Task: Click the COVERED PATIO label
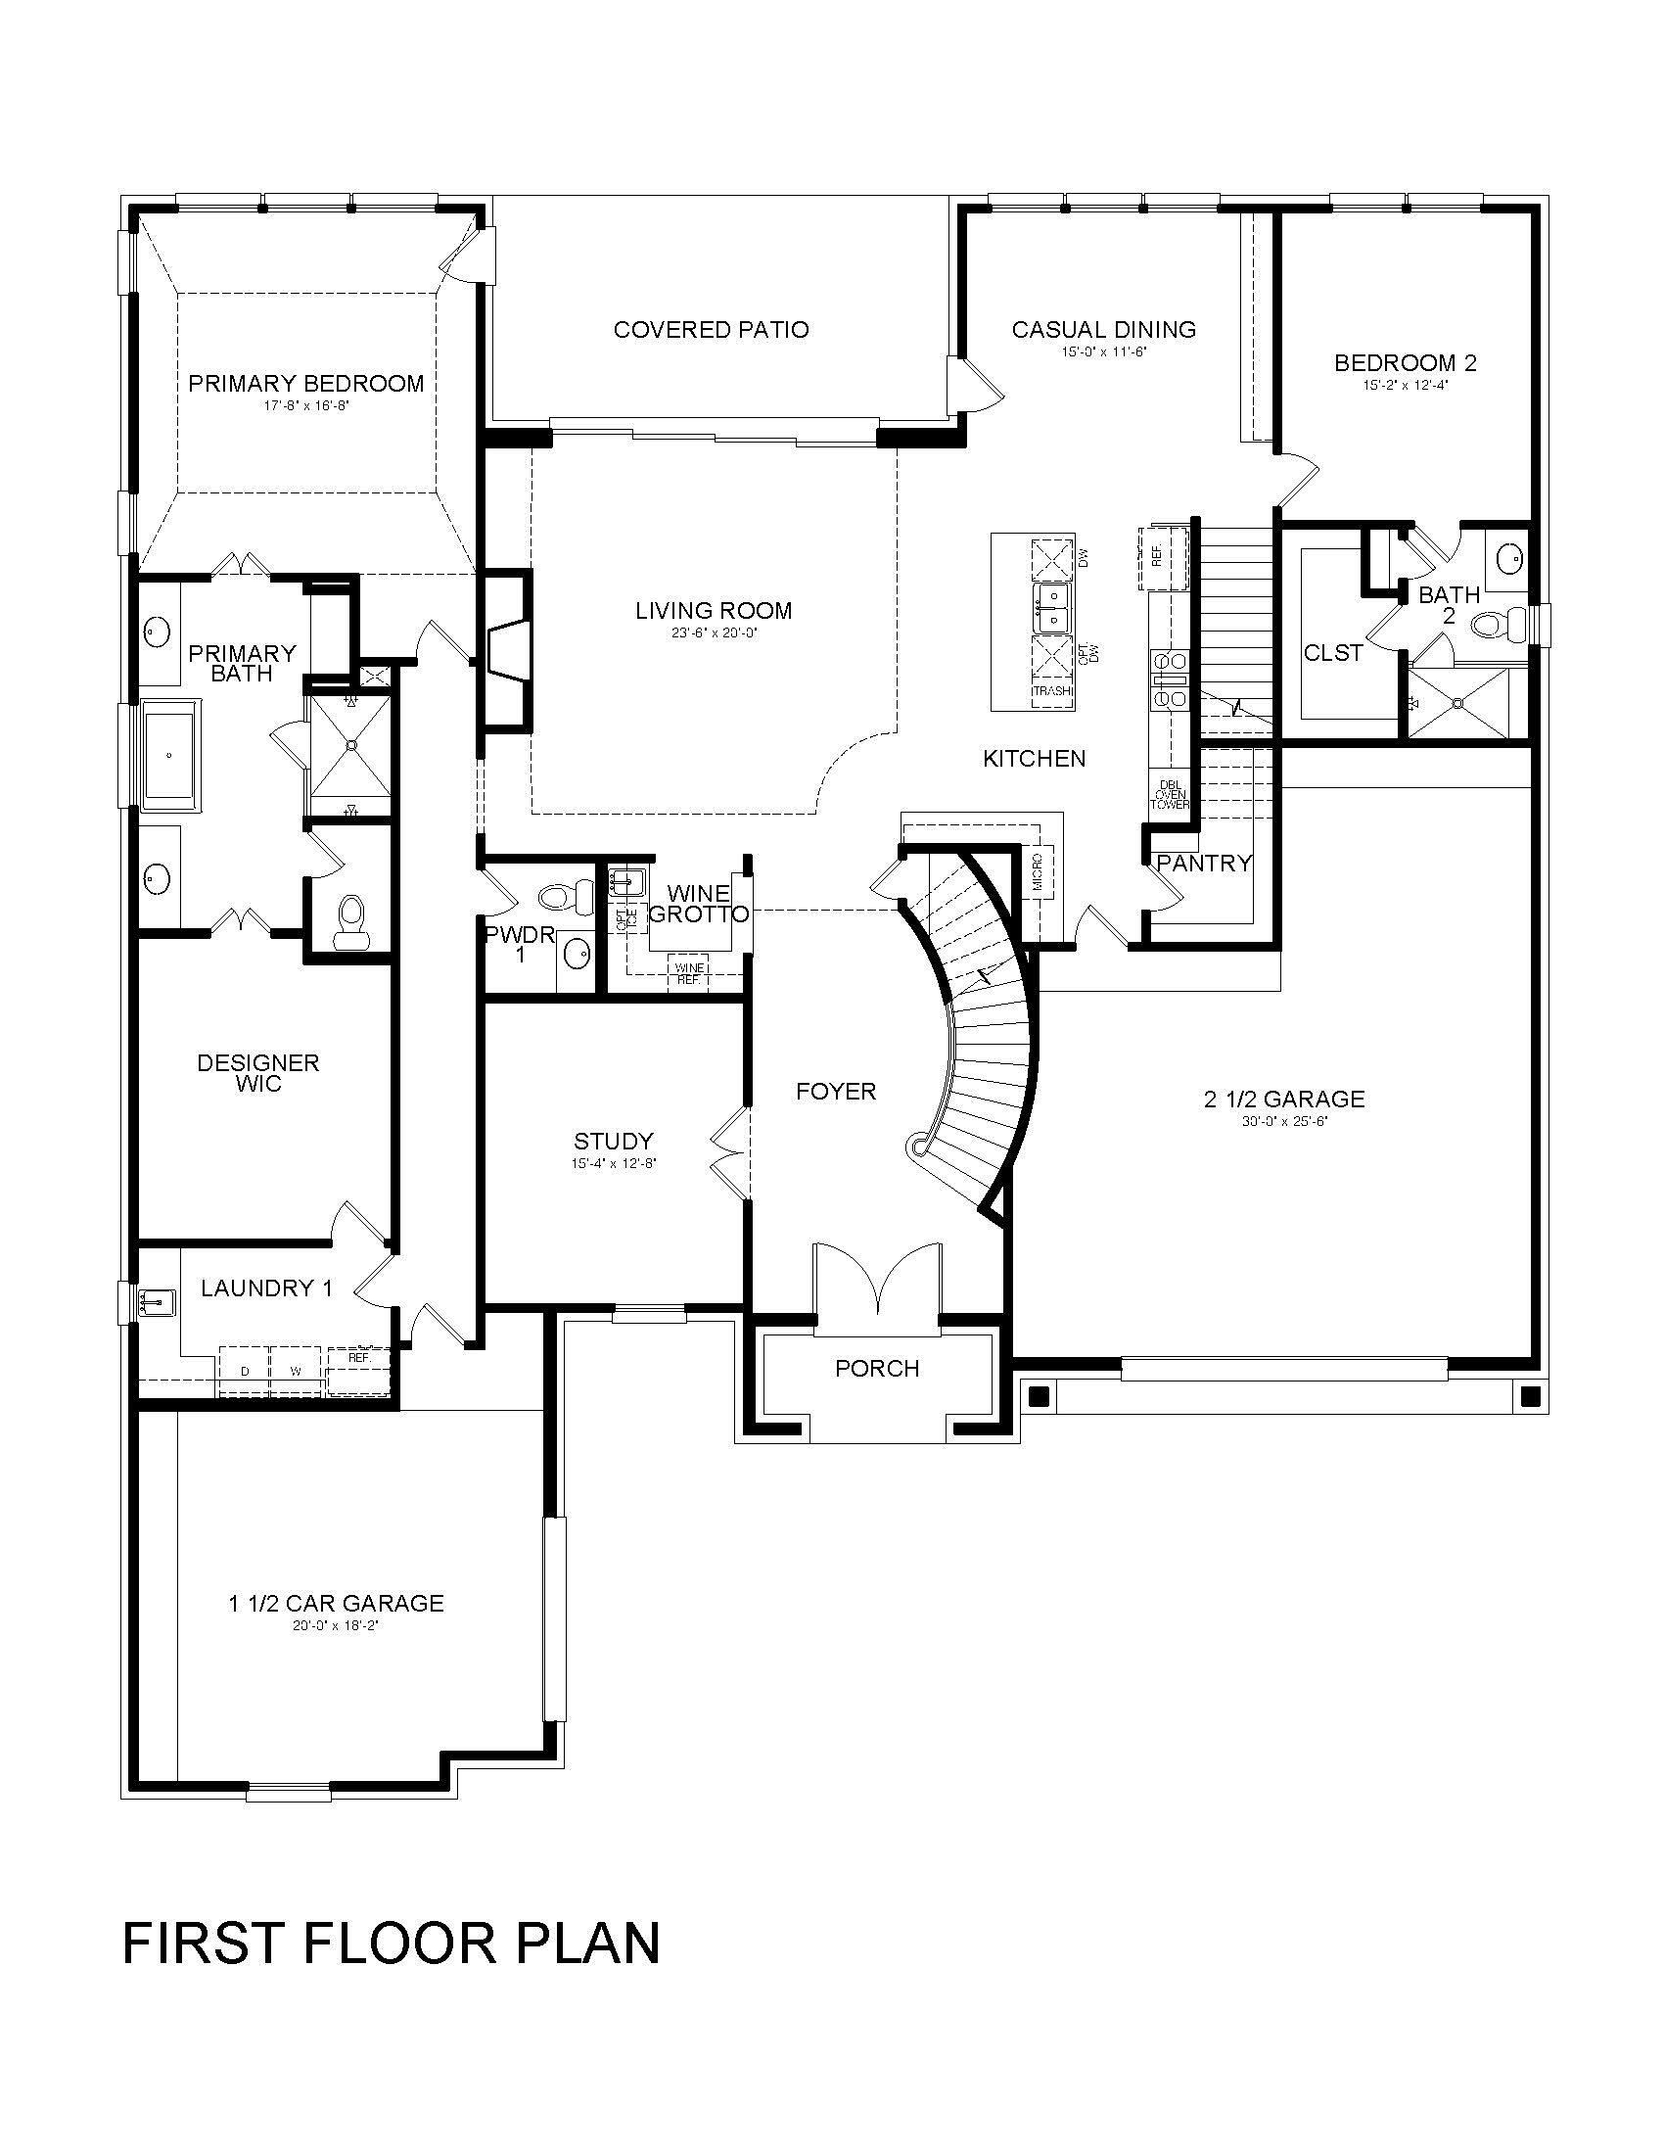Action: tap(711, 329)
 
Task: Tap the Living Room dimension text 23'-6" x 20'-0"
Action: tap(713, 633)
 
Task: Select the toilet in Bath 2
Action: tap(1497, 624)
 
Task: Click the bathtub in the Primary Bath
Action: tap(170, 755)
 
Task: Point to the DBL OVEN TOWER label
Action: tap(1170, 795)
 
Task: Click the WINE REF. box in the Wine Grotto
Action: tap(688, 973)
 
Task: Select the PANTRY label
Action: tap(1204, 864)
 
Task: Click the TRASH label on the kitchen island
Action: tap(1052, 691)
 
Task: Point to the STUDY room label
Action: tap(613, 1141)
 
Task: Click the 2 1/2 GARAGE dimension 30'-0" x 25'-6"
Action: tap(1283, 1121)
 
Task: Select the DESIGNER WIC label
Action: tap(258, 1072)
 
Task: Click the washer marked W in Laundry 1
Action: tap(296, 1372)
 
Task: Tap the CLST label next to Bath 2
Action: tap(1333, 653)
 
